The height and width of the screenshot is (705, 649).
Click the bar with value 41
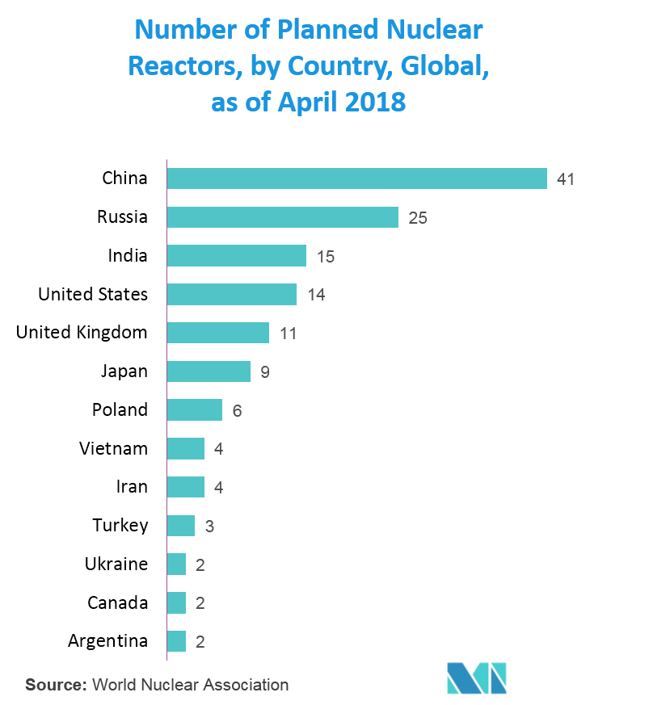click(x=356, y=178)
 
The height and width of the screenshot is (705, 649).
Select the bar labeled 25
click(x=282, y=217)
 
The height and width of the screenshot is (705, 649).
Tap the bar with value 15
click(x=236, y=256)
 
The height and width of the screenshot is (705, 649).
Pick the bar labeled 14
click(x=231, y=295)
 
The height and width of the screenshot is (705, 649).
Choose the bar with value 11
click(x=217, y=333)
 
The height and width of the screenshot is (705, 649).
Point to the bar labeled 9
click(x=208, y=371)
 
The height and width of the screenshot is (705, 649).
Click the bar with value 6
click(x=194, y=410)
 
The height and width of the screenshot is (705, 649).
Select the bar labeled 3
click(x=180, y=526)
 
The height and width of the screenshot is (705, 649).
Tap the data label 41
click(x=565, y=179)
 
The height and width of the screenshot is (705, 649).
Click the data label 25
click(x=417, y=218)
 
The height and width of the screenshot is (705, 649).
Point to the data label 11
click(x=288, y=334)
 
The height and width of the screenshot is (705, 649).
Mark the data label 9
click(x=264, y=372)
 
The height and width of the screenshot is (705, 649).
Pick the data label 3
click(x=209, y=527)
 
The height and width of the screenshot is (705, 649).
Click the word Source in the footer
click(x=55, y=685)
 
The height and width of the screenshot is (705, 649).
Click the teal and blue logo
click(x=477, y=677)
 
